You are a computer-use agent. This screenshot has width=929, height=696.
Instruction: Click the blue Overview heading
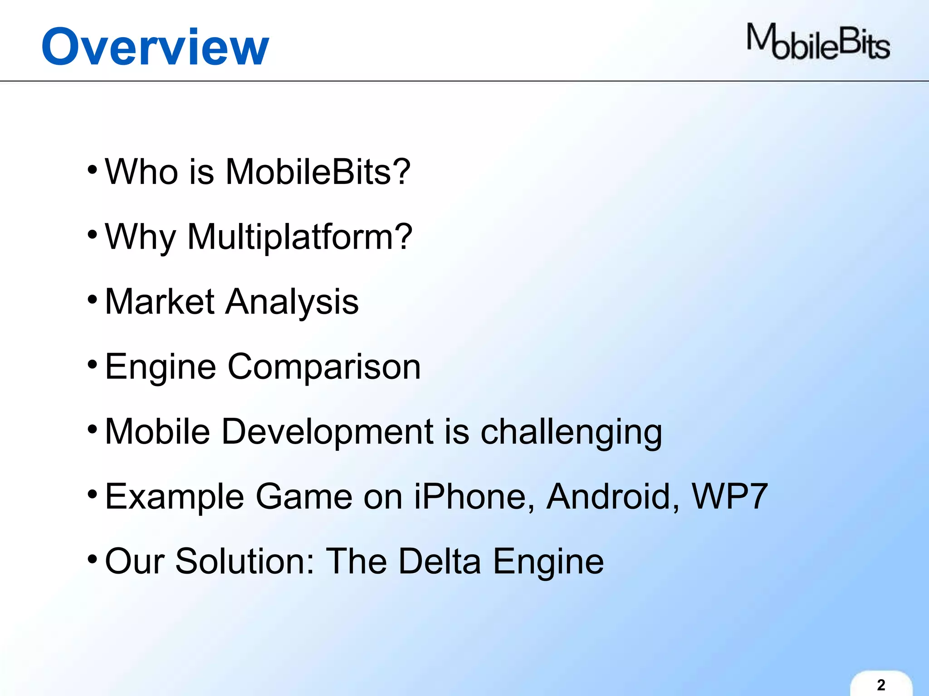coord(155,47)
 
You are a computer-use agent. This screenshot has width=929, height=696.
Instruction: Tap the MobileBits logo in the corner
coord(818,42)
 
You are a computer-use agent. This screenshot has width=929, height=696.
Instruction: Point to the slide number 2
coord(881,685)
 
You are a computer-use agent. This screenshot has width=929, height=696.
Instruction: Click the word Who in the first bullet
coord(141,172)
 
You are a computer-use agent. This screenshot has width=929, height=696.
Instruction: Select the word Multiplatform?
coord(299,237)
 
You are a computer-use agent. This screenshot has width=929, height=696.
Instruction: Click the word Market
coord(159,302)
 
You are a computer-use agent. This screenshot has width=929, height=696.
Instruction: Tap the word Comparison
coord(324,367)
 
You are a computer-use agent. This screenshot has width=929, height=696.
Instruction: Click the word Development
coord(327,432)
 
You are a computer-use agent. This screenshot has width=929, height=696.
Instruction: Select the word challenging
coord(571,432)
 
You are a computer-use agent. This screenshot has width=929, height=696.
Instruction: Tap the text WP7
coord(729,497)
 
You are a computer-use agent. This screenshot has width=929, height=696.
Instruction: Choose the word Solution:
coord(244,561)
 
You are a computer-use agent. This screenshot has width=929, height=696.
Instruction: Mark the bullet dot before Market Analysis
coord(93,300)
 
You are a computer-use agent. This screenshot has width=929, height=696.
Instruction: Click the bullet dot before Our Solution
coord(93,559)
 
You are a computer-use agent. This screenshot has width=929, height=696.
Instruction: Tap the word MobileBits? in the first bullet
coord(318,172)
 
